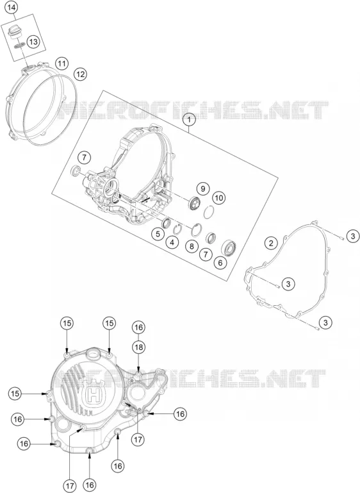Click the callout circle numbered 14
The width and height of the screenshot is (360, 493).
[12, 8]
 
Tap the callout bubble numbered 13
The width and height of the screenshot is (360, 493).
[33, 42]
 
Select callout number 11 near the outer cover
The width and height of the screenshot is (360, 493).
[62, 64]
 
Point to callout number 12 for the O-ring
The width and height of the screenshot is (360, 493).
[80, 74]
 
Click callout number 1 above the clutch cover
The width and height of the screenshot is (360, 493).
[189, 120]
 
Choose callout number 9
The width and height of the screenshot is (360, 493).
[203, 188]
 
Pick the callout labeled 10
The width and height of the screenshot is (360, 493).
[218, 197]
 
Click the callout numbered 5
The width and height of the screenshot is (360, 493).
[158, 234]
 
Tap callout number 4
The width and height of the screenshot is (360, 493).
[172, 242]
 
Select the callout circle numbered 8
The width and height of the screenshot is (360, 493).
[192, 246]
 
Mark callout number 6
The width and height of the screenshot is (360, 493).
[220, 262]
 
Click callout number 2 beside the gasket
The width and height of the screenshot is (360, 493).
[271, 243]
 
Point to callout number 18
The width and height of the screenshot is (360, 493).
[138, 347]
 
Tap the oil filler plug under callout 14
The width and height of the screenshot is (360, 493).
[15, 33]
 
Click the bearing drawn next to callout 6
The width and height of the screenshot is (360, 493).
[229, 248]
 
